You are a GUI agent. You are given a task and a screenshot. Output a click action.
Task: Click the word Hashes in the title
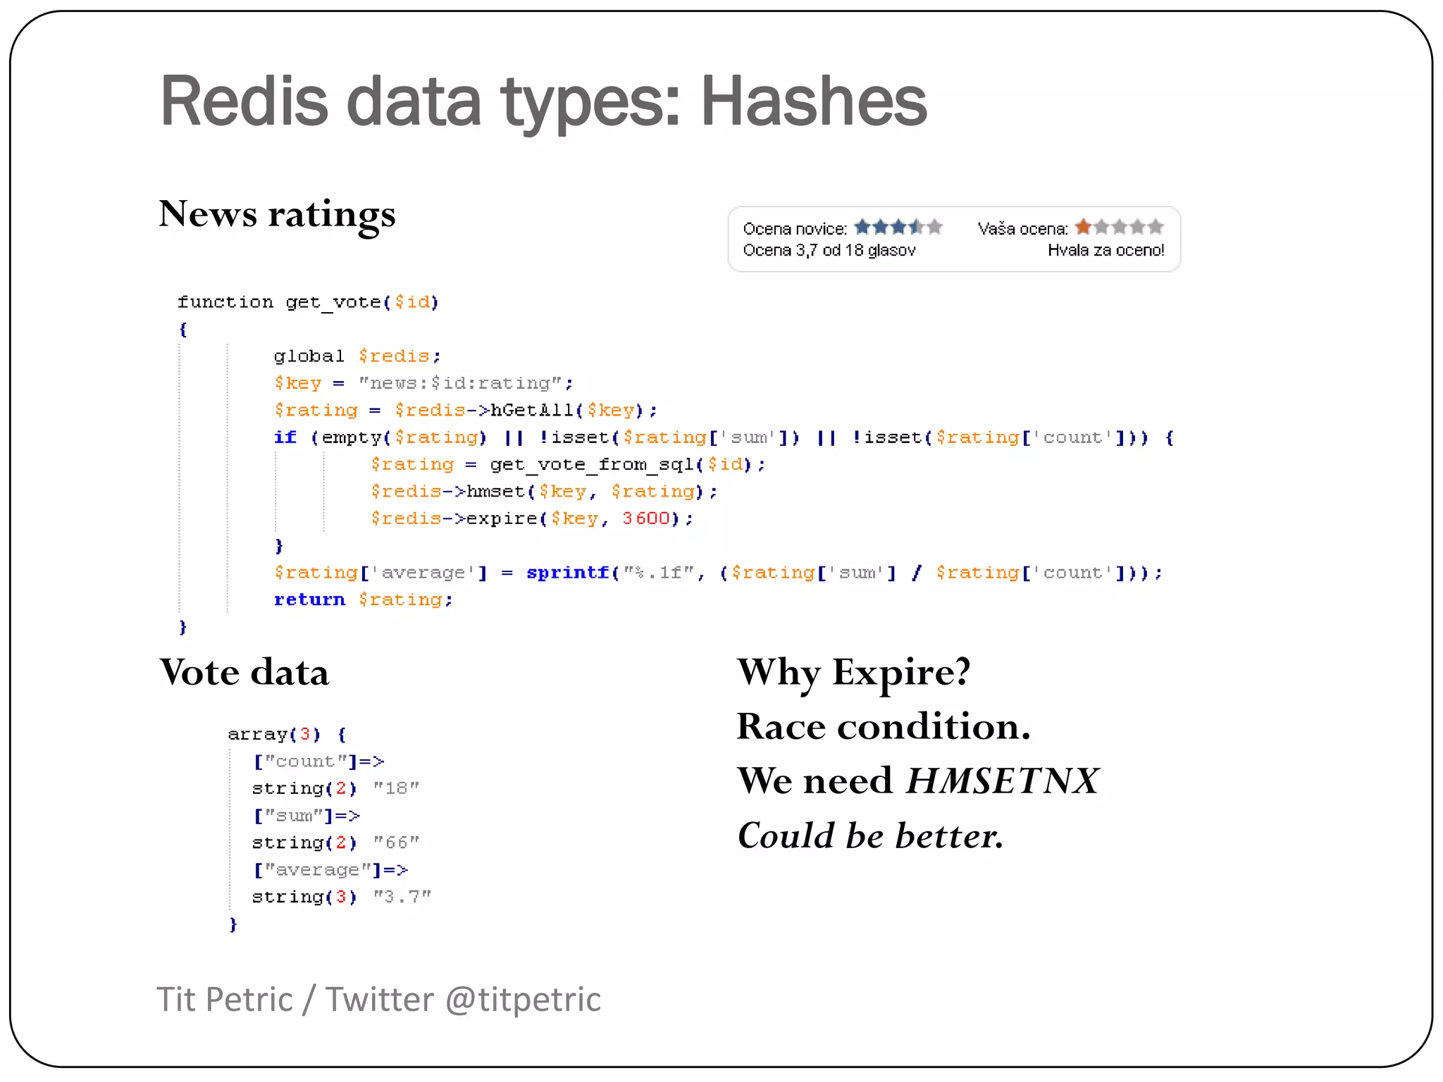[813, 101]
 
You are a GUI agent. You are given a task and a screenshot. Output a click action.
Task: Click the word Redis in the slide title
[244, 101]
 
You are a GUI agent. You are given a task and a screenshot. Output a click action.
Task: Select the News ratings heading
[277, 213]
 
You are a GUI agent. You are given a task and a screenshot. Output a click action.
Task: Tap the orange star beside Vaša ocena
[1083, 227]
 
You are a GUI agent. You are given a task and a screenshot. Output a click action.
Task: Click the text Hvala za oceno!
[1106, 250]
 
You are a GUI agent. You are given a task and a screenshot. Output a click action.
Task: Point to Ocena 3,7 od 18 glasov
[829, 250]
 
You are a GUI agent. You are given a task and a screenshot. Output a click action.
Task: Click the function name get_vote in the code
[333, 302]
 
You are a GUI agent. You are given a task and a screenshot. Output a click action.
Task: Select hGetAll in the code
[532, 410]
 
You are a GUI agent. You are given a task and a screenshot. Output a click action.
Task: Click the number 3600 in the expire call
[645, 518]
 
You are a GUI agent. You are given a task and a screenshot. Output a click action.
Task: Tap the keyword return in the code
[309, 599]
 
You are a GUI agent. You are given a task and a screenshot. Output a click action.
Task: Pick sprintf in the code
[567, 573]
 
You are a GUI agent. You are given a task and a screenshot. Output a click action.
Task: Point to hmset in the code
[496, 492]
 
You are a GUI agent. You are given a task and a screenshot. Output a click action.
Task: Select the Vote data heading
[244, 672]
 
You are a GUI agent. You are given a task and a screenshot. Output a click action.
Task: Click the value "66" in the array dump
[396, 842]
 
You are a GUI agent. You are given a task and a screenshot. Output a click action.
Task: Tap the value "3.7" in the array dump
[402, 897]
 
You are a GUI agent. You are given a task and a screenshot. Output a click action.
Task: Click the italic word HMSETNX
[1002, 781]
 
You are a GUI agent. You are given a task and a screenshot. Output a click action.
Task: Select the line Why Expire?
[853, 672]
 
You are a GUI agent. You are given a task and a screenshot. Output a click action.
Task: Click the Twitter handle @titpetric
[523, 1000]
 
